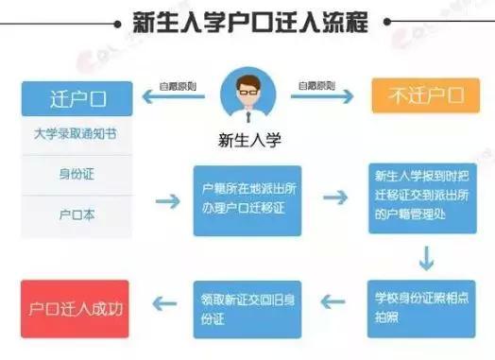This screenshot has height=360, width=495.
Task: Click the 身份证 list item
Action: [x=77, y=174]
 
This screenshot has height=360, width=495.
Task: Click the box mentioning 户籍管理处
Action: [x=417, y=198]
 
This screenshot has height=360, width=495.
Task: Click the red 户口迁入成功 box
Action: [x=77, y=307]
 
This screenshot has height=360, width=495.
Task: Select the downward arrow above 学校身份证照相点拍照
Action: [x=427, y=256]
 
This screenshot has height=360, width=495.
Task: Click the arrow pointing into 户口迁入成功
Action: [x=165, y=304]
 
